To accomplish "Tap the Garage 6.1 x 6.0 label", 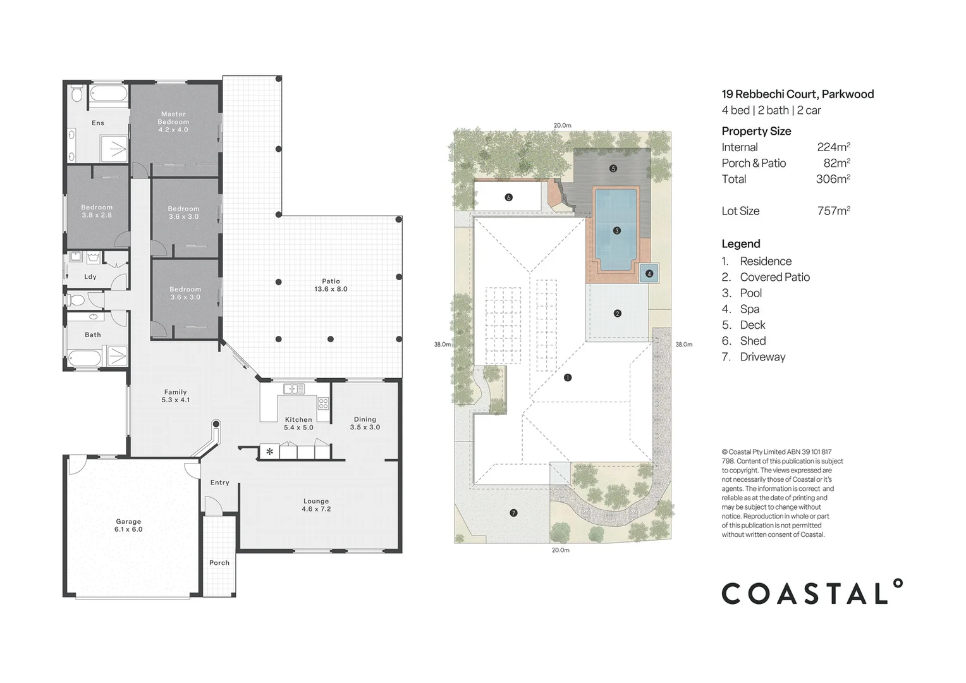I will (128, 526).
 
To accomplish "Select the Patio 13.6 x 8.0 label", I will (331, 285).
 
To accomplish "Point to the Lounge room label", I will (316, 505).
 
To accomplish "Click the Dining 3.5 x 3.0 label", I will (365, 423).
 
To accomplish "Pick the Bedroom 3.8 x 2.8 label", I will (97, 211).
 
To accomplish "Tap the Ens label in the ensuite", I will (98, 123).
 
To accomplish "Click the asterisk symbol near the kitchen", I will (270, 452).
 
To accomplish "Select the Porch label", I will (219, 563).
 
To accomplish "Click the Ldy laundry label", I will (90, 277).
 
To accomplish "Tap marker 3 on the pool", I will (616, 231).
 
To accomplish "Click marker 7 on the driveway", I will (513, 513).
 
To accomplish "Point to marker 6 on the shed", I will (508, 197).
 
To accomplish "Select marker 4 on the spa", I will (649, 274).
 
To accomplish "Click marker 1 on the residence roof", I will (567, 378).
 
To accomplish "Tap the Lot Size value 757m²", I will (833, 211).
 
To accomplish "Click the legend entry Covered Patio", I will (774, 277).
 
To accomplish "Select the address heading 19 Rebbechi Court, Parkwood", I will (797, 94).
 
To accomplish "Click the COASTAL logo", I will (812, 593).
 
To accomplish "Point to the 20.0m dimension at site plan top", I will (562, 125).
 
